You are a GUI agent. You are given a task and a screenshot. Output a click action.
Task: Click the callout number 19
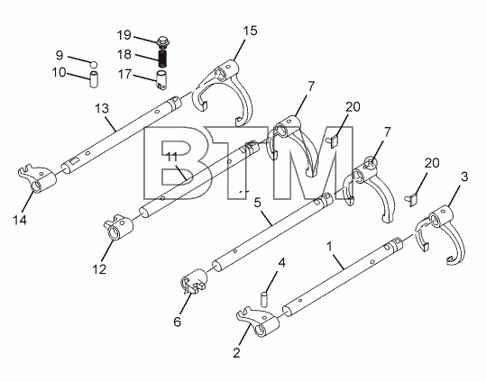[x=124, y=35]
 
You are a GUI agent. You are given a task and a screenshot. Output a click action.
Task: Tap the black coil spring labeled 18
[x=162, y=59]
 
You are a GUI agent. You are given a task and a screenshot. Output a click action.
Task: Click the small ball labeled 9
[x=94, y=64]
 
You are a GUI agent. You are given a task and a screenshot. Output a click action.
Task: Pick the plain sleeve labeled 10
[x=94, y=79]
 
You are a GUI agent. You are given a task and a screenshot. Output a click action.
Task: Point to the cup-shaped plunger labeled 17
[x=160, y=80]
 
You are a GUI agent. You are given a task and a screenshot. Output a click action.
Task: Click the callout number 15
[x=250, y=31]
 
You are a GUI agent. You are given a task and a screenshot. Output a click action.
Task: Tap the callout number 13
[x=102, y=109]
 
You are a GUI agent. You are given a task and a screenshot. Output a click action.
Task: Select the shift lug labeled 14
[x=37, y=178]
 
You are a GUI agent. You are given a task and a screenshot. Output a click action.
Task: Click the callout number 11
[x=171, y=158]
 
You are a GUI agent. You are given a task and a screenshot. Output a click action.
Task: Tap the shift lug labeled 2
[x=258, y=322]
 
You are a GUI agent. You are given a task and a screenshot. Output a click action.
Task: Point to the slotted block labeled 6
[x=194, y=281]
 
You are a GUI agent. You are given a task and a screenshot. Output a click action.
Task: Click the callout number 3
[x=464, y=177]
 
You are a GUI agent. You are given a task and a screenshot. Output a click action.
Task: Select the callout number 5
[x=257, y=203]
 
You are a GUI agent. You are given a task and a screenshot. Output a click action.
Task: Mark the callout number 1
[x=330, y=247]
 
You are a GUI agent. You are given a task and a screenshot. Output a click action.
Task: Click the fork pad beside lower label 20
[x=412, y=199]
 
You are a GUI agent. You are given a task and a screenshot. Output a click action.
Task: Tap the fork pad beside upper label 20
[x=333, y=141]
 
